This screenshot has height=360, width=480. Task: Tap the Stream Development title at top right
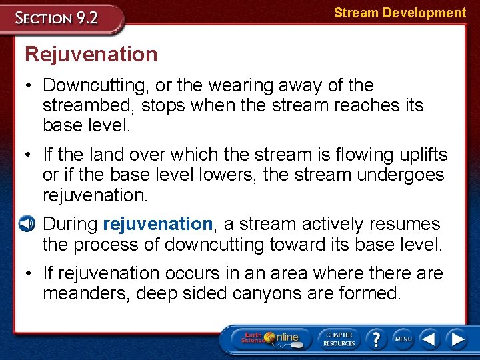[399, 13]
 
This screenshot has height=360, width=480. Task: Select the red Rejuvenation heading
[91, 54]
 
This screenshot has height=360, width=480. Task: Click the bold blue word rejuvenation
[158, 224]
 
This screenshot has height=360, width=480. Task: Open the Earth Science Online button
[269, 338]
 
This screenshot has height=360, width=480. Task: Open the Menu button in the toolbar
[402, 338]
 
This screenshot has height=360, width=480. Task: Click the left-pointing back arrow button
[429, 339]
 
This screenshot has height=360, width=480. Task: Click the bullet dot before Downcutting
[29, 86]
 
